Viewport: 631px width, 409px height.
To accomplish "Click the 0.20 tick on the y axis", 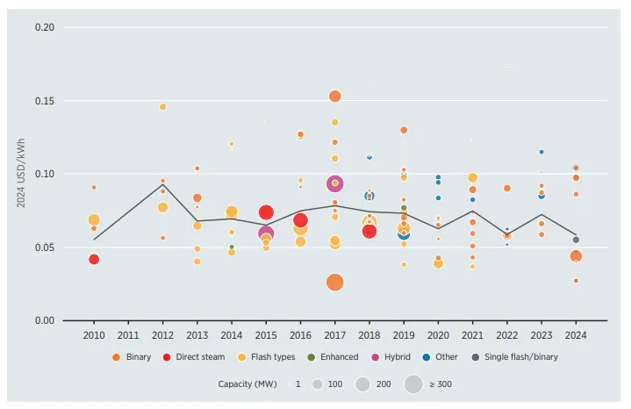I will (x=44, y=27).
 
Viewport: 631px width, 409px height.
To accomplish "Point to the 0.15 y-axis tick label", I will (x=44, y=101).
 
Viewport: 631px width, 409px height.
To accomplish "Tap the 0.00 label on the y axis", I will (x=44, y=320).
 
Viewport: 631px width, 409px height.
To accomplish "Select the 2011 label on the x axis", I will (x=128, y=335).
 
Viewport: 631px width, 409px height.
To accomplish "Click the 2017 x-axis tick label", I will (x=334, y=335).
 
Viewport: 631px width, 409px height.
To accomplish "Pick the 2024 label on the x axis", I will (x=576, y=335).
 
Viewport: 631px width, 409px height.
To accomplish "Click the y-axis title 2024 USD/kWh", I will (x=20, y=174).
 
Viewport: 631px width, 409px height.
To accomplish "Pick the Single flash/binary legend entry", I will (x=520, y=357).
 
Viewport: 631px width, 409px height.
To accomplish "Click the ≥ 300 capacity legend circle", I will (x=413, y=384).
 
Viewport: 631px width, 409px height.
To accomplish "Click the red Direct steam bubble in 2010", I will (x=94, y=259).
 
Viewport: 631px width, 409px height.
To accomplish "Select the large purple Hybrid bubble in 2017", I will (x=334, y=183).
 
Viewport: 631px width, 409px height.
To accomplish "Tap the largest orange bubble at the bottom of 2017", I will (x=334, y=282).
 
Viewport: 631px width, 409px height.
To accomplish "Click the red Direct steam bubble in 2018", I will (x=369, y=232).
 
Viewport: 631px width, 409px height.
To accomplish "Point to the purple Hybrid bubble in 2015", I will (x=266, y=233).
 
